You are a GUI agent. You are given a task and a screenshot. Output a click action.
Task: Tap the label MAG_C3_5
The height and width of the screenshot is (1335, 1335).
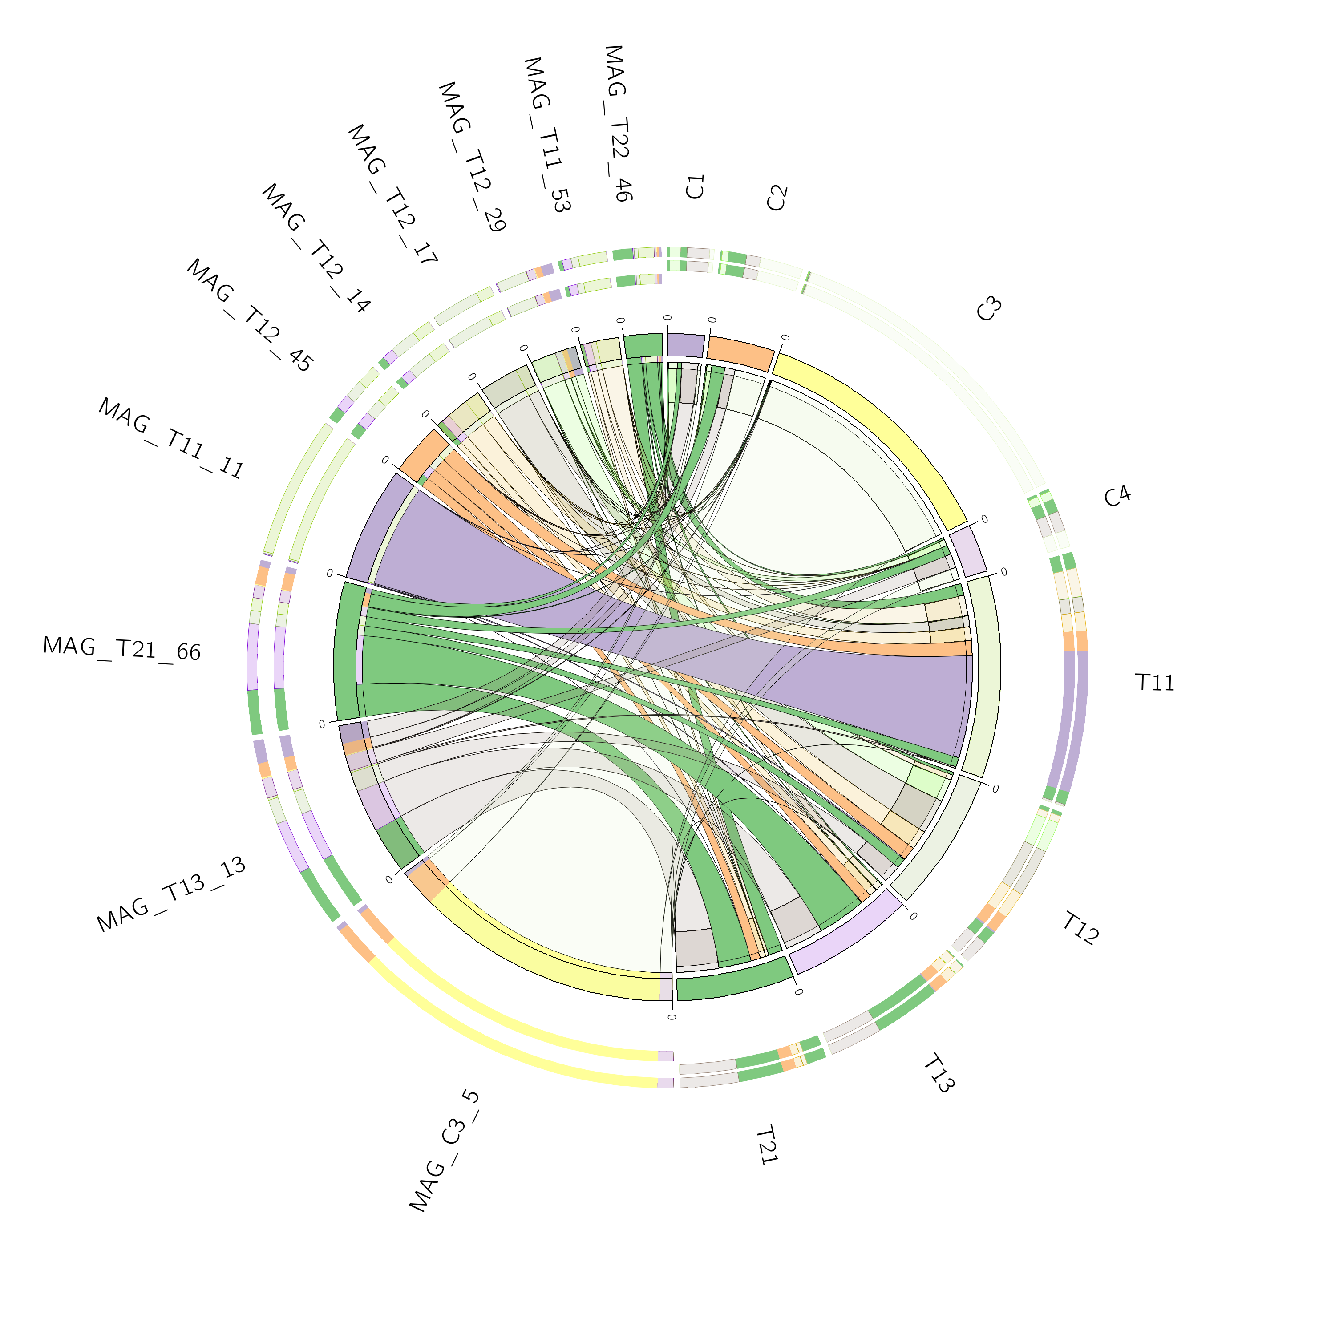point(444,1150)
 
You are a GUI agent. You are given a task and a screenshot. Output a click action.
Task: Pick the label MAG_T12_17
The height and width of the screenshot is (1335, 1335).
point(392,195)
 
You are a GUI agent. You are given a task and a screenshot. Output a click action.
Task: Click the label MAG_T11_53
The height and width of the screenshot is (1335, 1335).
point(546,135)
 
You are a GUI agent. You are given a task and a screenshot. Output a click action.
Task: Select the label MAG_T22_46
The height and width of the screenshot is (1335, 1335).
point(617,123)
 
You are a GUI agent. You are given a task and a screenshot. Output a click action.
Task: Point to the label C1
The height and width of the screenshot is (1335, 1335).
point(695,187)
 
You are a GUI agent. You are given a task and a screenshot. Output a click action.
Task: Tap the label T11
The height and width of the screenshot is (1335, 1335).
point(1155,683)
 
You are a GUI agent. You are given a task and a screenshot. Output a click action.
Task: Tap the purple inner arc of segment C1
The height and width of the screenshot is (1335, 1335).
point(685,345)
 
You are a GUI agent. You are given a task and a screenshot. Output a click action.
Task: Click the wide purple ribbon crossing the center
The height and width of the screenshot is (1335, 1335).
point(663,636)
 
